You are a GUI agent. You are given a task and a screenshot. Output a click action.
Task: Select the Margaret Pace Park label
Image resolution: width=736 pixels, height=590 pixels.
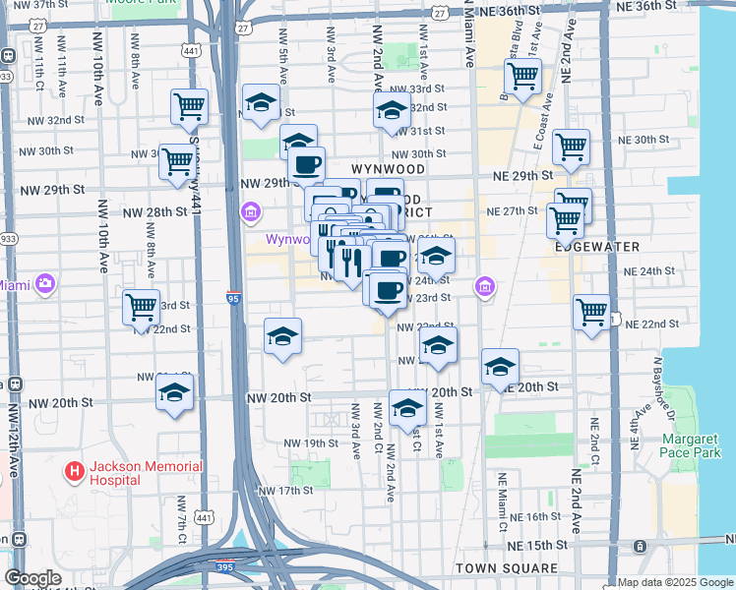(696, 445)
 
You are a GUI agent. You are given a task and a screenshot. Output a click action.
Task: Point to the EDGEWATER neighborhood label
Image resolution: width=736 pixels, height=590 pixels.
(597, 247)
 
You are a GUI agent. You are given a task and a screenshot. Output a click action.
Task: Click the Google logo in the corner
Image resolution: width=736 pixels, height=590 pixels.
(32, 578)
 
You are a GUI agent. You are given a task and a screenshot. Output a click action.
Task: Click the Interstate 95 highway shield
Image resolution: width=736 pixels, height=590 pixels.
(232, 295)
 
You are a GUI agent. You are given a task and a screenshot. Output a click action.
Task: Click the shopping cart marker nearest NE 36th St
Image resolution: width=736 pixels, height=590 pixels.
(522, 75)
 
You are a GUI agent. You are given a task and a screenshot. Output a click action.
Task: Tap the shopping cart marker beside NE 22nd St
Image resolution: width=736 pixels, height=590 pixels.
(591, 313)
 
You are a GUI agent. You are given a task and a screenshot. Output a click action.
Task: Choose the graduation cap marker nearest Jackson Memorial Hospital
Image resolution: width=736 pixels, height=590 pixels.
(174, 392)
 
